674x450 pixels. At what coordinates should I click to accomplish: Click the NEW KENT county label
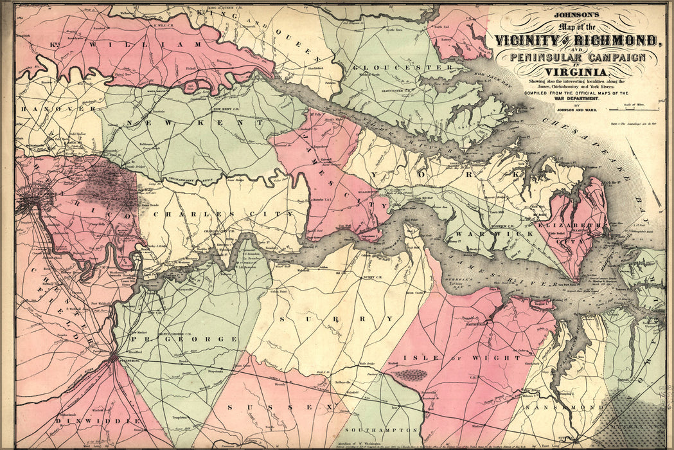(x=195, y=122)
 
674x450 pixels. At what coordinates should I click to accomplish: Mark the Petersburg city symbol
(x=114, y=357)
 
